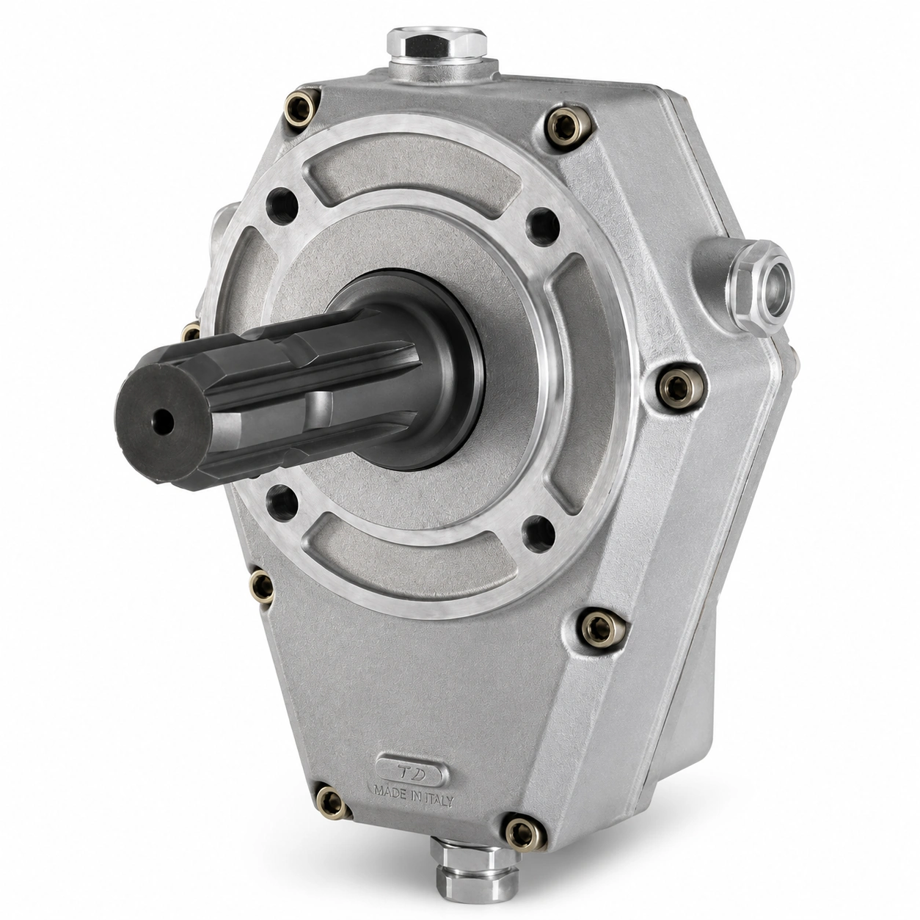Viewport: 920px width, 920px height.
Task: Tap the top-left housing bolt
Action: [302, 109]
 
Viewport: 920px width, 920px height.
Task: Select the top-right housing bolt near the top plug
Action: [568, 129]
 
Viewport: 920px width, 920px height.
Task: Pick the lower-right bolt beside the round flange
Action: [601, 627]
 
